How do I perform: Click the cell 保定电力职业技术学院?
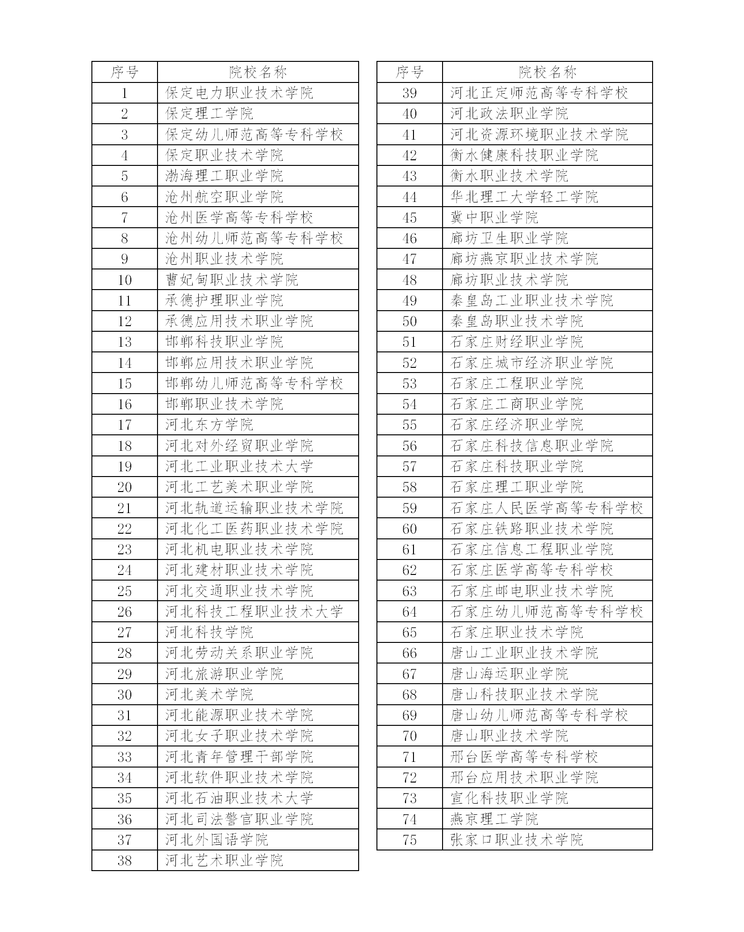pyautogui.click(x=239, y=93)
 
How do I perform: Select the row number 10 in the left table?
pyautogui.click(x=125, y=280)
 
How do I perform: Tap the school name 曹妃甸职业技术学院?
pyautogui.click(x=232, y=280)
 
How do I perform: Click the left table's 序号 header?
pyautogui.click(x=125, y=72)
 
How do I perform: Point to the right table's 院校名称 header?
pyautogui.click(x=547, y=72)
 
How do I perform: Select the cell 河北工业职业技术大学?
pyautogui.click(x=239, y=466)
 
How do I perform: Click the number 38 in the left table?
pyautogui.click(x=125, y=860)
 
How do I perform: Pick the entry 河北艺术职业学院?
pyautogui.click(x=224, y=860)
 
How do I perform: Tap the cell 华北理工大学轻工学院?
pyautogui.click(x=524, y=197)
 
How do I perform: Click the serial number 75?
pyautogui.click(x=410, y=840)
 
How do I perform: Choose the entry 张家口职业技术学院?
pyautogui.click(x=517, y=840)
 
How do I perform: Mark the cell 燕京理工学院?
pyautogui.click(x=494, y=819)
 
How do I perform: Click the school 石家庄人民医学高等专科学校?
pyautogui.click(x=547, y=508)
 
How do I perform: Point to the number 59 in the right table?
pyautogui.click(x=410, y=508)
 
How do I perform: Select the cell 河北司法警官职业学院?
pyautogui.click(x=239, y=819)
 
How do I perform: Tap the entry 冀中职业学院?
pyautogui.click(x=494, y=217)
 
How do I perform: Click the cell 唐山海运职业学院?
pyautogui.click(x=509, y=674)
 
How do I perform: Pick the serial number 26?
pyautogui.click(x=125, y=611)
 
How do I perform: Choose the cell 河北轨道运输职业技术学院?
pyautogui.click(x=254, y=508)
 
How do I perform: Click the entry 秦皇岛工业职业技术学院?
pyautogui.click(x=532, y=300)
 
